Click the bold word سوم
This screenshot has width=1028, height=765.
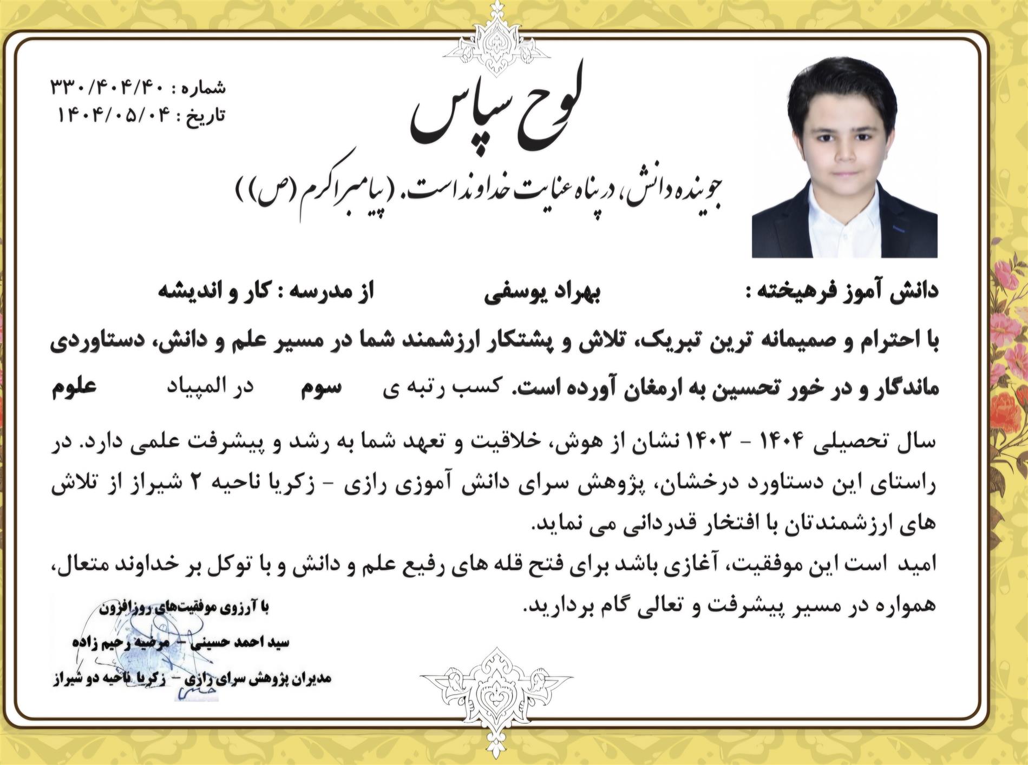(x=321, y=387)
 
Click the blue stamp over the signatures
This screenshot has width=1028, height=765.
(x=141, y=649)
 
